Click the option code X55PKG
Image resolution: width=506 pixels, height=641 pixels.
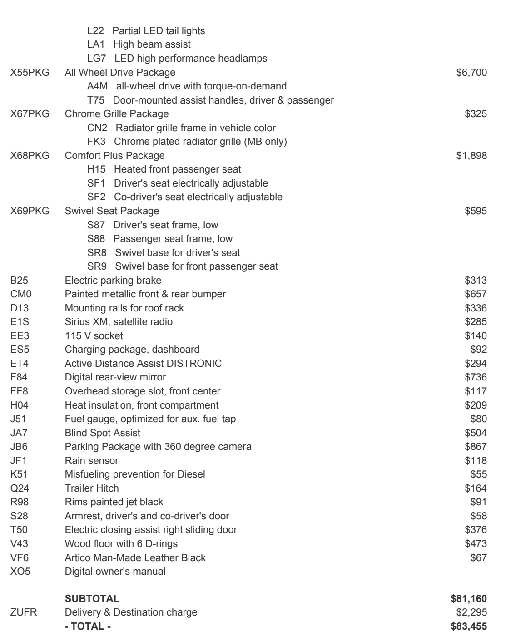pyautogui.click(x=30, y=73)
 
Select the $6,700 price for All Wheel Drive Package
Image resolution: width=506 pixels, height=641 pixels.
pyautogui.click(x=471, y=73)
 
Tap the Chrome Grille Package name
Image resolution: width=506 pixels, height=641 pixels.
pyautogui.click(x=116, y=114)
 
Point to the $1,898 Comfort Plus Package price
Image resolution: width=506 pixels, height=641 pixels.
pyautogui.click(x=471, y=156)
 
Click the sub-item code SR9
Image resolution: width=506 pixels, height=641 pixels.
pyautogui.click(x=97, y=266)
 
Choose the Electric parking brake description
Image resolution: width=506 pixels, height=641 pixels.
pyautogui.click(x=113, y=281)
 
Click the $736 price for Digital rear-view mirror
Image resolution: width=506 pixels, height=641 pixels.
pyautogui.click(x=476, y=377)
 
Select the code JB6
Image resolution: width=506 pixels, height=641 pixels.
pyautogui.click(x=19, y=447)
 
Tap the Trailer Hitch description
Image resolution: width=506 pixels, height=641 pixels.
pyautogui.click(x=92, y=488)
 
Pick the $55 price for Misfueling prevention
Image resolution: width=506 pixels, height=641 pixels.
pyautogui.click(x=478, y=474)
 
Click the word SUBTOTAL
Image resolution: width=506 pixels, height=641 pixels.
pyautogui.click(x=92, y=599)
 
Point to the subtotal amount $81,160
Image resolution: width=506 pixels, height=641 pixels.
pyautogui.click(x=469, y=599)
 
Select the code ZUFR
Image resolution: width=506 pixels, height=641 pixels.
pyautogui.click(x=24, y=612)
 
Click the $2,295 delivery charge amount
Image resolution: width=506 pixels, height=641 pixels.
pyautogui.click(x=471, y=612)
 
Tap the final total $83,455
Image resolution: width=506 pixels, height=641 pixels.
pyautogui.click(x=469, y=626)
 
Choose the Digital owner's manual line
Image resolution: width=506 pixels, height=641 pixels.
pyautogui.click(x=115, y=572)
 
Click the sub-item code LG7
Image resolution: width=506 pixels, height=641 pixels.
pyautogui.click(x=96, y=59)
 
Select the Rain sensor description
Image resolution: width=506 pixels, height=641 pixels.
pyautogui.click(x=91, y=461)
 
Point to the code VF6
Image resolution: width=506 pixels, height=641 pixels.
pyautogui.click(x=19, y=558)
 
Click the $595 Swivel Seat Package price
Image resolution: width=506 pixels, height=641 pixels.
pyautogui.click(x=476, y=211)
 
